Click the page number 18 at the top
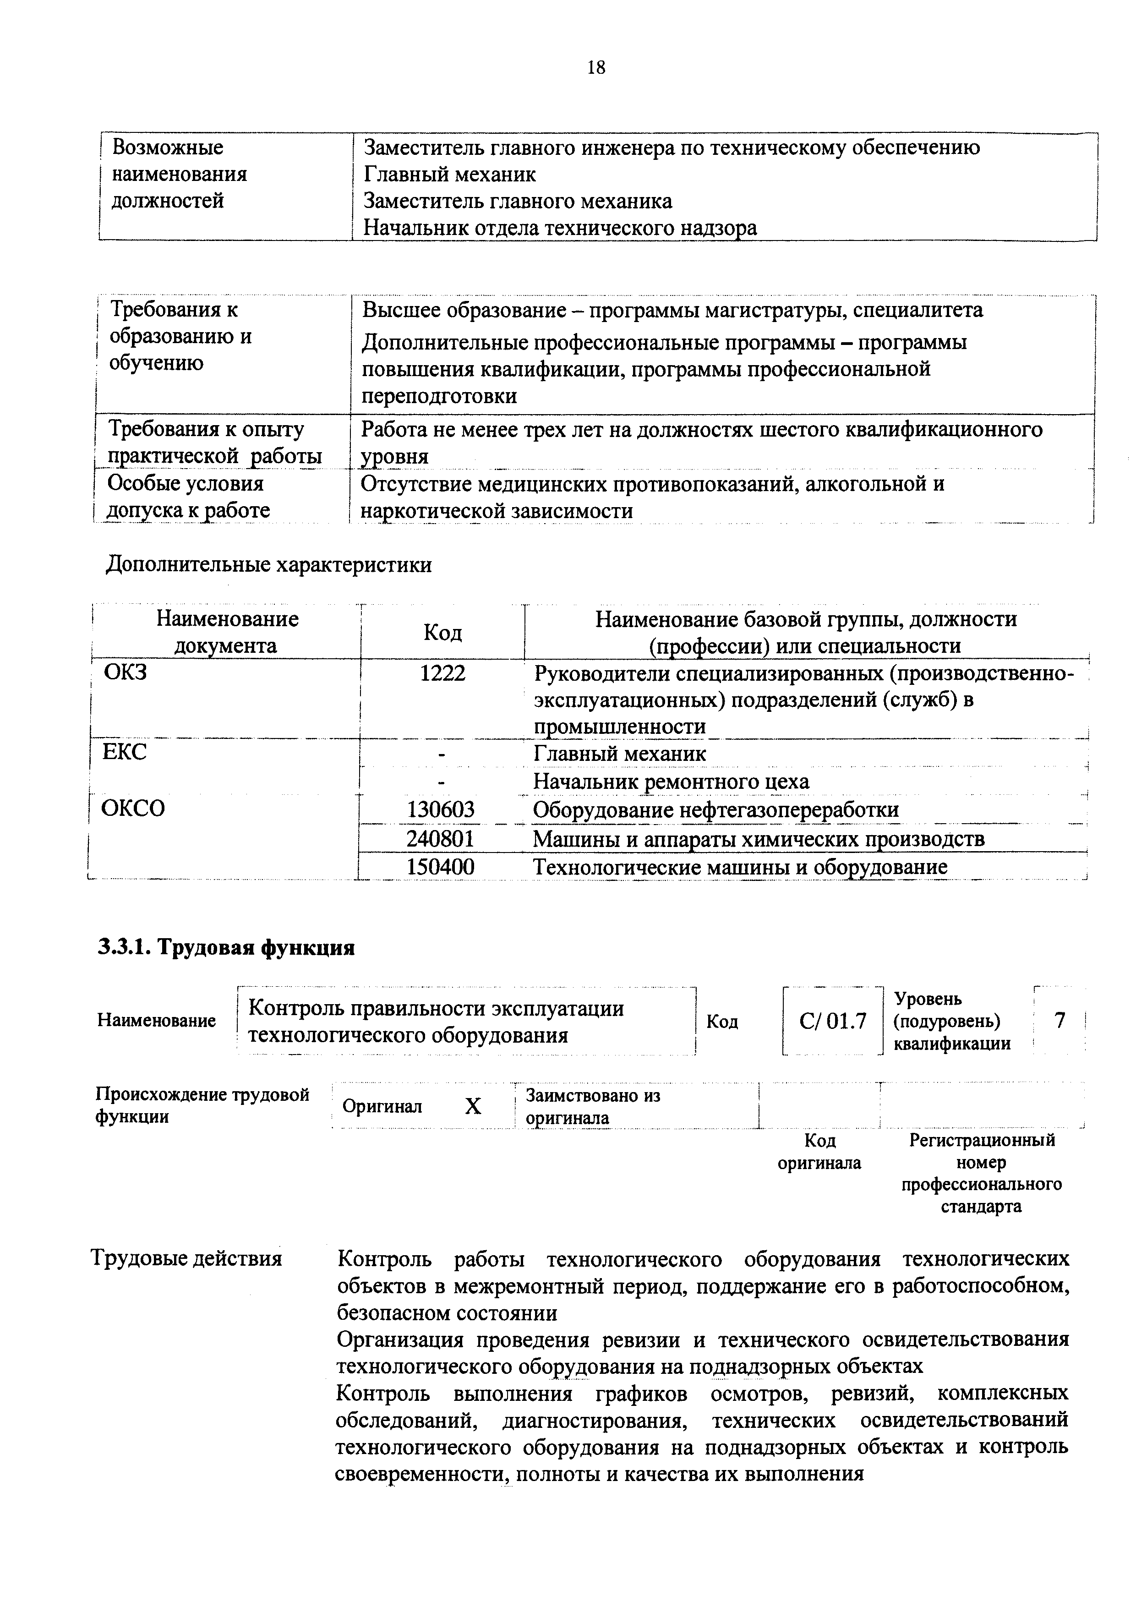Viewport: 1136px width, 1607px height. tap(596, 68)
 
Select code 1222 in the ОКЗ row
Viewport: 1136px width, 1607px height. tap(442, 673)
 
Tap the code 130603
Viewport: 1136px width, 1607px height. tap(441, 810)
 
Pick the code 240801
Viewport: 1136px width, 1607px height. tap(441, 838)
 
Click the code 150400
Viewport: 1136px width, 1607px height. tap(441, 867)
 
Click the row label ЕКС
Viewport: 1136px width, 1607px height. tap(125, 752)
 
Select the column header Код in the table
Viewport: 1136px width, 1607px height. tap(442, 633)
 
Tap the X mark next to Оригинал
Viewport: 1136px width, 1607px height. tap(474, 1106)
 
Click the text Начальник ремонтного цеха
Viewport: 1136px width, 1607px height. tap(671, 781)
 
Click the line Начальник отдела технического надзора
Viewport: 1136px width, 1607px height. tap(560, 228)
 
